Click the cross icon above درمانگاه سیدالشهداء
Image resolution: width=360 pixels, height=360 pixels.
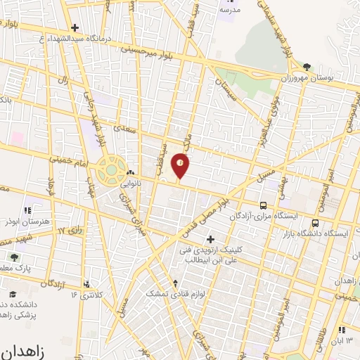pos(75,27)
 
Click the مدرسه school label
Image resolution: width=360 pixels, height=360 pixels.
pos(230,10)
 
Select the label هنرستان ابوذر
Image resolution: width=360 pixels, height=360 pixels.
pos(27,221)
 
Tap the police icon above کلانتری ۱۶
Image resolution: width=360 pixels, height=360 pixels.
pos(86,284)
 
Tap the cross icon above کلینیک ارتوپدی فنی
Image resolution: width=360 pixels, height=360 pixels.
pos(209,239)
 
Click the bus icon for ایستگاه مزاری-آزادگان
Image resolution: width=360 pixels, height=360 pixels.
pos(263,206)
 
